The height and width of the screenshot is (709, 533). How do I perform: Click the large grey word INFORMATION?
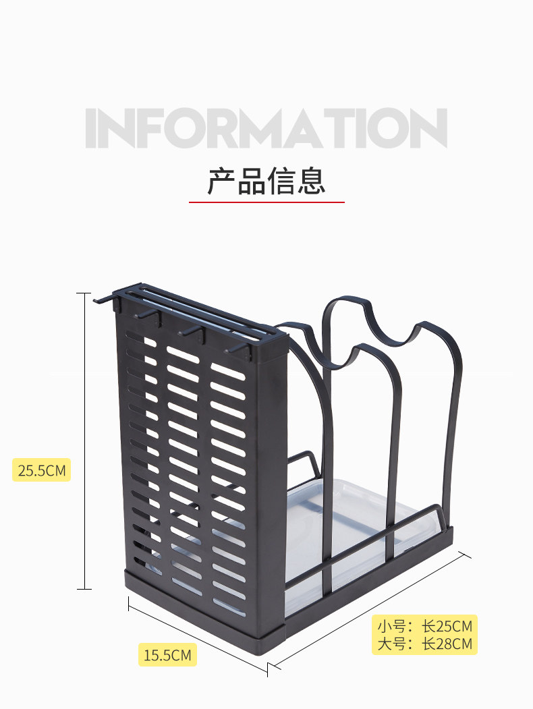(x=266, y=128)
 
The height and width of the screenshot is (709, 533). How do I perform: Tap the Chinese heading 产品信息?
(x=266, y=181)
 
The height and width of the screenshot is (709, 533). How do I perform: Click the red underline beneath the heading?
(x=266, y=202)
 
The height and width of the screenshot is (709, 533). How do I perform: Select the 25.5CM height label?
(x=41, y=470)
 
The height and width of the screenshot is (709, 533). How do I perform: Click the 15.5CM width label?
(x=167, y=654)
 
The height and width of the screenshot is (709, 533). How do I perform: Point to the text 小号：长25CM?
(x=424, y=625)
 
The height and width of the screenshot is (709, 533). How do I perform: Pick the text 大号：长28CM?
(x=424, y=644)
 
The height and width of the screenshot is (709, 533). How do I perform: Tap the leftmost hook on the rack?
(x=101, y=297)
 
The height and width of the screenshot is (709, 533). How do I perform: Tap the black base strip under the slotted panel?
(x=202, y=611)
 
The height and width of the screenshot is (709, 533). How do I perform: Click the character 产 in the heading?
(x=221, y=181)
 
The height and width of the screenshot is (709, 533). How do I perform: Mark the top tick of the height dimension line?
(x=84, y=293)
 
